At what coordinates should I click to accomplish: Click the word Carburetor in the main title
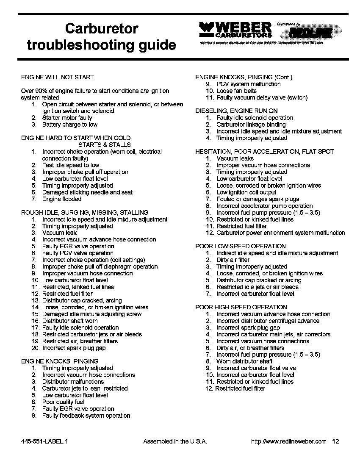[x=102, y=29]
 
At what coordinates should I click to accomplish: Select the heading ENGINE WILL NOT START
[x=58, y=77]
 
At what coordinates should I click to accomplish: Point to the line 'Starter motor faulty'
[x=67, y=118]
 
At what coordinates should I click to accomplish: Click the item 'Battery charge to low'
[x=69, y=125]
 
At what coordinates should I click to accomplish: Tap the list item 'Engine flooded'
[x=62, y=199]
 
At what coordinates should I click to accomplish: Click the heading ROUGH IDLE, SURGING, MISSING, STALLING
[x=85, y=213]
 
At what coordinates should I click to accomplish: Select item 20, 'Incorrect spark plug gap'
[x=74, y=348]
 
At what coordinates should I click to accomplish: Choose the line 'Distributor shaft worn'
[x=70, y=321]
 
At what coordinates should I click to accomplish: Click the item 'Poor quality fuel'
[x=63, y=402]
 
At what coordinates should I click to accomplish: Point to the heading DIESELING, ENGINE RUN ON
[x=236, y=111]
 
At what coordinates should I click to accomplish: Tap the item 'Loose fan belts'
[x=236, y=91]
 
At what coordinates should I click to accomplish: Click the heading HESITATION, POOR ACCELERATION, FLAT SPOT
[x=265, y=152]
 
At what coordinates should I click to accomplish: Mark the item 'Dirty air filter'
[x=233, y=260]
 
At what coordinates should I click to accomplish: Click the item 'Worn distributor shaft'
[x=244, y=361]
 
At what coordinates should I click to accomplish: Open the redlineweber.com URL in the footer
[x=289, y=441]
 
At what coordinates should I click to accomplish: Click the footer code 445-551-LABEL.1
[x=44, y=441]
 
